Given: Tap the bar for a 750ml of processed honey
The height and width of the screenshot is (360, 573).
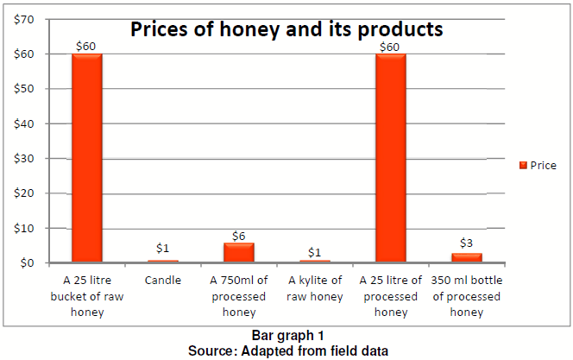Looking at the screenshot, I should pyautogui.click(x=238, y=252).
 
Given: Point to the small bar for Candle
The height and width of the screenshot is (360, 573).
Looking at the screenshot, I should pyautogui.click(x=162, y=261).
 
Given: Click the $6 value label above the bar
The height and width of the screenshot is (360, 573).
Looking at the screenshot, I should pyautogui.click(x=239, y=235).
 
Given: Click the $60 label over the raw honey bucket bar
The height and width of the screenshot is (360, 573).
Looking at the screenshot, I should pyautogui.click(x=87, y=45).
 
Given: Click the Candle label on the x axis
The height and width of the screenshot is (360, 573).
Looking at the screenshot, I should pyautogui.click(x=163, y=281).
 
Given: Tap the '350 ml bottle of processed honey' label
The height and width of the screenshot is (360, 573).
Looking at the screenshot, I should pyautogui.click(x=467, y=295).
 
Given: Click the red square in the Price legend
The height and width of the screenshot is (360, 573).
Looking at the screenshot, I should pyautogui.click(x=522, y=165).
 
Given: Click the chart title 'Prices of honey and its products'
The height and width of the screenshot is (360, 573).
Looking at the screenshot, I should pyautogui.click(x=286, y=29).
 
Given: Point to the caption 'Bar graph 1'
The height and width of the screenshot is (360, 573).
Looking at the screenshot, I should pyautogui.click(x=286, y=335).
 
